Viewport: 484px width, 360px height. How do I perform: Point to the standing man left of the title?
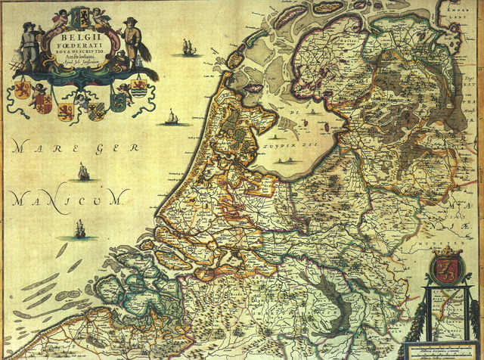28,45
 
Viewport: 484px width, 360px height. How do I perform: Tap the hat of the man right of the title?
131,20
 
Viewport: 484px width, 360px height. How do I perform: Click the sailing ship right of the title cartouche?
188,48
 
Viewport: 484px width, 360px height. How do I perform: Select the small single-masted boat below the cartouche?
172,117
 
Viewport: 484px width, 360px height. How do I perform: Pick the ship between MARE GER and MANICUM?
83,172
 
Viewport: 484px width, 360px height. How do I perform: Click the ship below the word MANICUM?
79,228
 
